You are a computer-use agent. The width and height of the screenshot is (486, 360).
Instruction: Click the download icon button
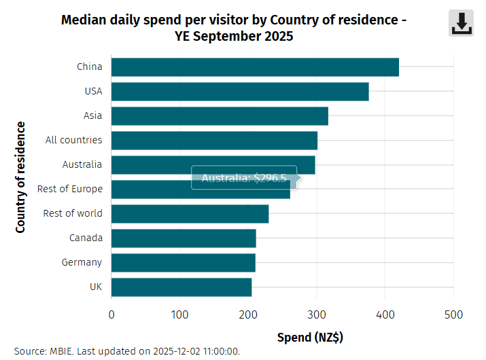(x=462, y=24)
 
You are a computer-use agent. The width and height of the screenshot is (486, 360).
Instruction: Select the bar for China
(x=255, y=67)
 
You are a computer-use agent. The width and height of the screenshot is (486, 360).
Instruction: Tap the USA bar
(x=240, y=92)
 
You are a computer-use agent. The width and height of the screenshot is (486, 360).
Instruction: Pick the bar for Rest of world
(x=190, y=214)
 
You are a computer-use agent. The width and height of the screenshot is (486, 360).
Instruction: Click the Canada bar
(x=184, y=238)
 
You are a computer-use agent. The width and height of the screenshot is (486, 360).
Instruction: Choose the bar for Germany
(x=183, y=263)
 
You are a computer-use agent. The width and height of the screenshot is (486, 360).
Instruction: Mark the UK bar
(x=181, y=287)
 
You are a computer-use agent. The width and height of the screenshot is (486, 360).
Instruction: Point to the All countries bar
(x=214, y=141)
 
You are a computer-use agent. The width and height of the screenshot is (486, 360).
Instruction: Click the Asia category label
(x=93, y=115)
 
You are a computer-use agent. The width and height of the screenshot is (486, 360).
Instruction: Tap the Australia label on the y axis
(x=82, y=164)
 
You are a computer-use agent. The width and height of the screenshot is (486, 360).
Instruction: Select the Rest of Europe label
(x=70, y=189)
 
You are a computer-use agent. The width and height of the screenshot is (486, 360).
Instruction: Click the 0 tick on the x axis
(x=111, y=314)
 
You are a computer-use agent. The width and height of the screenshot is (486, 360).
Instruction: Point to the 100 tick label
(x=179, y=314)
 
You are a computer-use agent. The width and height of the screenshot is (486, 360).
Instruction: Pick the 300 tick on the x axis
(x=317, y=314)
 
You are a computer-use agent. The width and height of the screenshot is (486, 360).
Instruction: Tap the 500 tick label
(x=453, y=314)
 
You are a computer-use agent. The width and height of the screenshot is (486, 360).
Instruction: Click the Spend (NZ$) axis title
(x=309, y=337)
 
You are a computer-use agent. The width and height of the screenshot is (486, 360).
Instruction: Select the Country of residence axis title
(x=21, y=177)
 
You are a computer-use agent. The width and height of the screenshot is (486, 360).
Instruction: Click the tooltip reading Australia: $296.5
(x=244, y=178)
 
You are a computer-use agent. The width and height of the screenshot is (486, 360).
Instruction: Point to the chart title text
(x=234, y=28)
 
